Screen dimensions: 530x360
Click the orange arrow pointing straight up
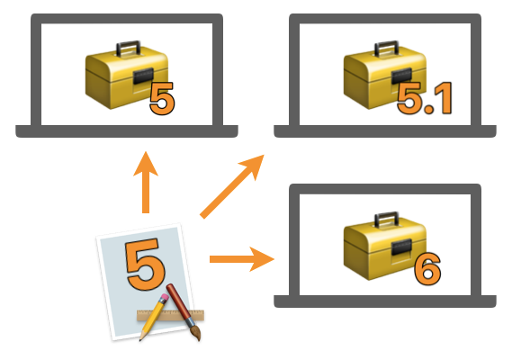click(x=146, y=183)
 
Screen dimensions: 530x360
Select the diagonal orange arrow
click(x=232, y=186)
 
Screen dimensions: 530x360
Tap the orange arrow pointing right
click(x=242, y=259)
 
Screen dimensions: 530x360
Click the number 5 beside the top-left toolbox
click(x=162, y=99)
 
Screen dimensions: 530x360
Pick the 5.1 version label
click(x=424, y=98)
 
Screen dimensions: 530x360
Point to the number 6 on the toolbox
click(x=427, y=269)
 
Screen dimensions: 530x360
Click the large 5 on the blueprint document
click(x=146, y=265)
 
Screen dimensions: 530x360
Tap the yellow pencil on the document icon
click(x=154, y=317)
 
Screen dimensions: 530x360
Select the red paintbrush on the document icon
click(x=184, y=311)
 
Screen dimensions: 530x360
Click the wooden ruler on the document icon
click(x=171, y=315)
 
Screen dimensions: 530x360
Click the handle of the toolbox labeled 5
click(x=129, y=49)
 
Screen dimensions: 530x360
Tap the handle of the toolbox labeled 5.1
click(x=387, y=49)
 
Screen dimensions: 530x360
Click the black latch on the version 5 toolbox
click(x=143, y=76)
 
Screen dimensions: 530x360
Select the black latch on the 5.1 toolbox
click(x=401, y=76)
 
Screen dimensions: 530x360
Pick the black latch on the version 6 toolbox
click(x=401, y=247)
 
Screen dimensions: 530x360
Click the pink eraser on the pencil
click(x=163, y=298)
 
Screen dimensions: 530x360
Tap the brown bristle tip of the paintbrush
click(x=196, y=333)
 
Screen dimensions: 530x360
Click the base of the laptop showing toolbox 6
click(x=385, y=301)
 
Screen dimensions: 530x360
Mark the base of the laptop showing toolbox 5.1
click(x=385, y=131)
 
